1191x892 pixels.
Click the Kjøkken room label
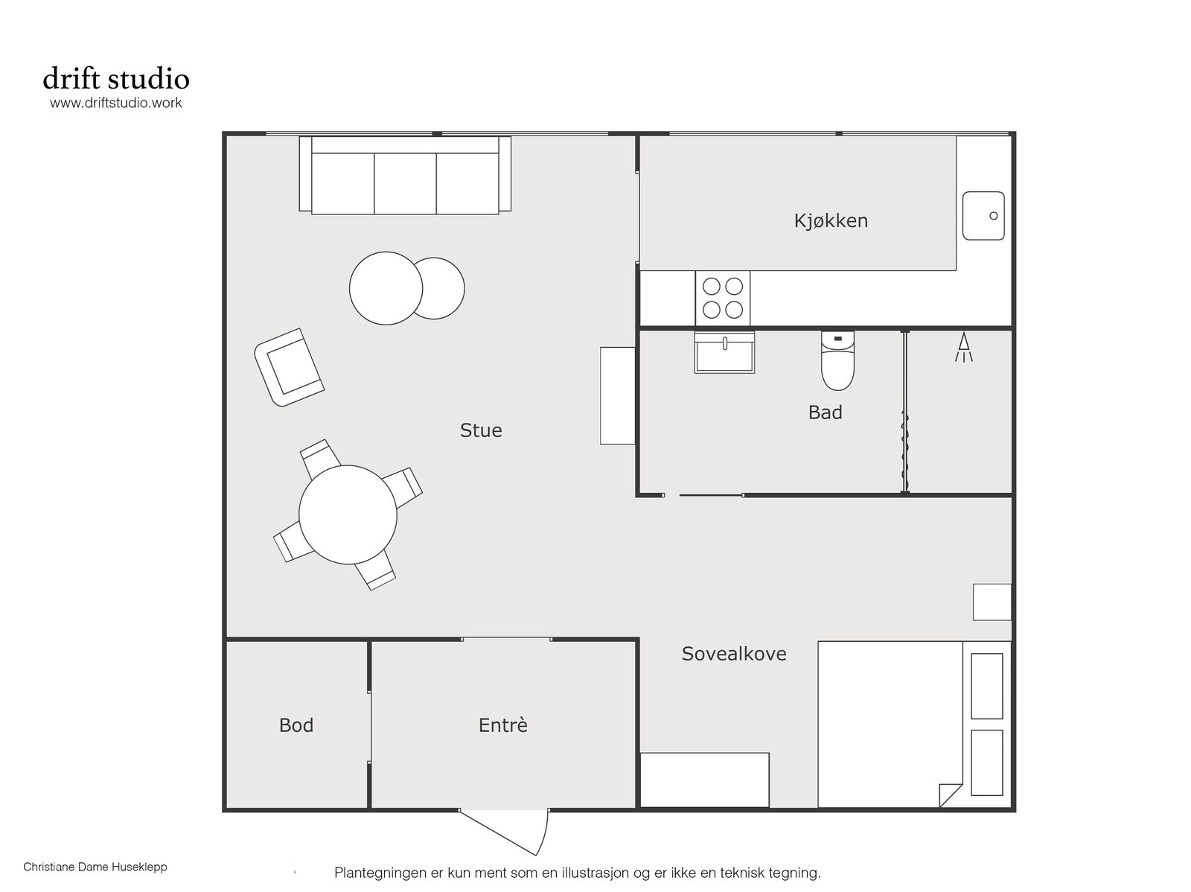830,221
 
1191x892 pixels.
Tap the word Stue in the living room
481,430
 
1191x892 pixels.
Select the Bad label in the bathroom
825,412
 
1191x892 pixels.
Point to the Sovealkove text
734,654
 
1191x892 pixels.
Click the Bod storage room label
296,725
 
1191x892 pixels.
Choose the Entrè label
502,724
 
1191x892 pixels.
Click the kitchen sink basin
983,215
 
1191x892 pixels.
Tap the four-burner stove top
723,299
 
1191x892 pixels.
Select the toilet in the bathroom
837,360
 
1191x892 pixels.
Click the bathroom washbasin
724,353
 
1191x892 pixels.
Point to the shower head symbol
964,347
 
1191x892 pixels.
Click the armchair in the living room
290,367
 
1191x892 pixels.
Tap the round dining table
348,515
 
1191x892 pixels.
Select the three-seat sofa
405,175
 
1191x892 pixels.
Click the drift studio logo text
116,78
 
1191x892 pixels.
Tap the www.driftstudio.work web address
116,103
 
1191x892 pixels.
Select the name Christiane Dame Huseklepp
95,867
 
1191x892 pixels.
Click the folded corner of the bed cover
950,795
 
